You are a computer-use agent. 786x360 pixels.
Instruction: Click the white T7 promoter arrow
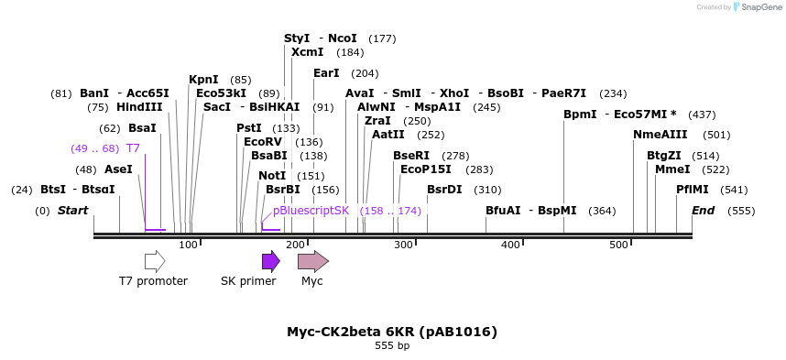point(155,262)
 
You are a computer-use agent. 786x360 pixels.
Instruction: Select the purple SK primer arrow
point(270,262)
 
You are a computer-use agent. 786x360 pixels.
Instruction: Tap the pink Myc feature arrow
point(312,262)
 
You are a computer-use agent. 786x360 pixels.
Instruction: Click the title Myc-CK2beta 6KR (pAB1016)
point(392,332)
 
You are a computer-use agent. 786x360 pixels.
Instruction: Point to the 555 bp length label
point(392,346)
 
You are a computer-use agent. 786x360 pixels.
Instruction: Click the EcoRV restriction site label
point(263,142)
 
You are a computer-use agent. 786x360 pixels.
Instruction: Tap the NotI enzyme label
point(272,176)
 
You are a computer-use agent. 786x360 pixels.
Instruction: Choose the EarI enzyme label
point(326,73)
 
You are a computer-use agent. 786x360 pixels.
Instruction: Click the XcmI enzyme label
point(307,52)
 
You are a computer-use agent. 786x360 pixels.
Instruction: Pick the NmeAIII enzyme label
point(660,135)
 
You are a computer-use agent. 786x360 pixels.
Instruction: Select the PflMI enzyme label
point(693,190)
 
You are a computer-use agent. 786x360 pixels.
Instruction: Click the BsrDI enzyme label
point(444,190)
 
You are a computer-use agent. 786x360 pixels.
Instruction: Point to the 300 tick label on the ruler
point(403,245)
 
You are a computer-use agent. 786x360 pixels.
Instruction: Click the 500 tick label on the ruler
point(618,245)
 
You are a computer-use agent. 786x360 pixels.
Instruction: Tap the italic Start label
point(72,211)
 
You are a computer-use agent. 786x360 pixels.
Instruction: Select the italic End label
point(703,211)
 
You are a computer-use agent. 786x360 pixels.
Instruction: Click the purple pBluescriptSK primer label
point(311,211)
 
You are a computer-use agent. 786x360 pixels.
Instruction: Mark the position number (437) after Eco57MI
point(702,115)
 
